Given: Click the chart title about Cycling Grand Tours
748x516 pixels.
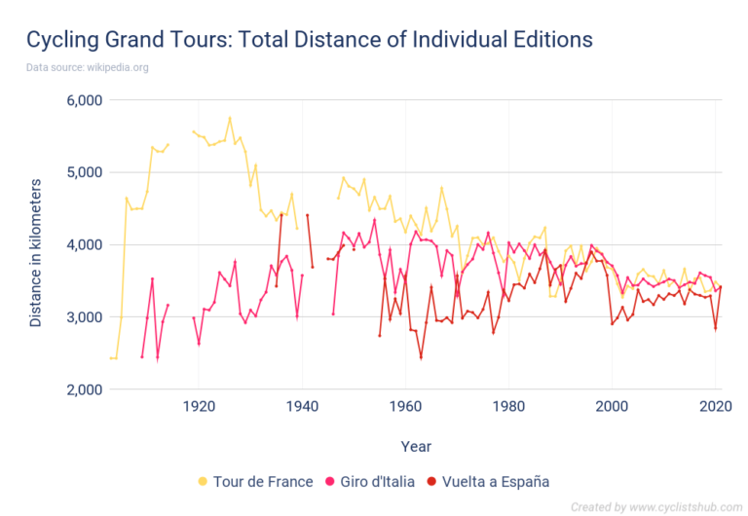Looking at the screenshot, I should [309, 40].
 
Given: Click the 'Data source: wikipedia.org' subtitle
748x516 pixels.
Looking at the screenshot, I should [87, 67].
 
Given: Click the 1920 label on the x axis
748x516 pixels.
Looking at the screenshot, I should [199, 407].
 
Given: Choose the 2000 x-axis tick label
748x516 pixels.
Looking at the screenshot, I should [612, 407].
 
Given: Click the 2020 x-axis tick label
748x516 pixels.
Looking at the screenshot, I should [715, 407].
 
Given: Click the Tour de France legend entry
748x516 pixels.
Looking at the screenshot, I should [255, 481].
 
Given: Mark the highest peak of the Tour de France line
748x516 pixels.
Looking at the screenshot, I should [230, 118].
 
